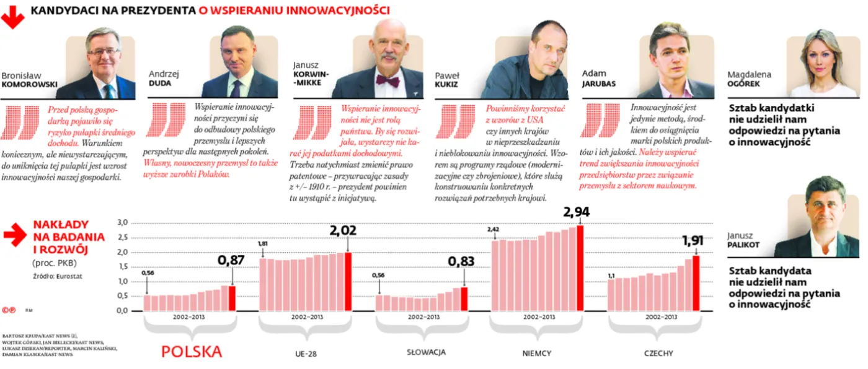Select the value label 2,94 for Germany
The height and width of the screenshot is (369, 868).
576,212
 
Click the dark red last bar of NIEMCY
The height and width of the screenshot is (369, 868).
580,267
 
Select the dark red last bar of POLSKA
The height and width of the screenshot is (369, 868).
232,298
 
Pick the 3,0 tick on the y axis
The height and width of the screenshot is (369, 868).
122,223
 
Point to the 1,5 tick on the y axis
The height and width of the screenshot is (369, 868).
122,267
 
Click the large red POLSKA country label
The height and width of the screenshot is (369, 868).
192,352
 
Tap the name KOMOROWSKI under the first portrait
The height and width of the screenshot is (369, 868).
29,84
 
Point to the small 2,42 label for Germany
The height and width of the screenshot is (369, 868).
493,230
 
